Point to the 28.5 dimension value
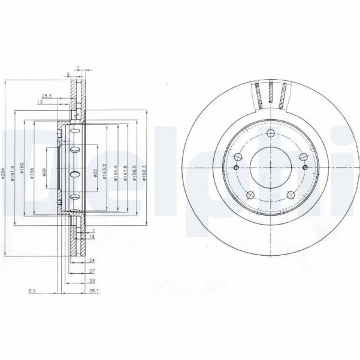click(x=47, y=95)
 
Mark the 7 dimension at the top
click(x=78, y=66)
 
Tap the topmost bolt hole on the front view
click(x=270, y=133)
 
